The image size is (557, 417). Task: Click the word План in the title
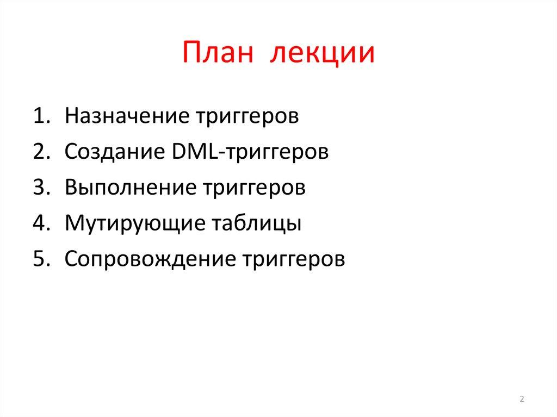coord(218,53)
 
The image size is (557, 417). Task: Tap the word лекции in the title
coord(323,54)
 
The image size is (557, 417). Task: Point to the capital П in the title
coord(191,53)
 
